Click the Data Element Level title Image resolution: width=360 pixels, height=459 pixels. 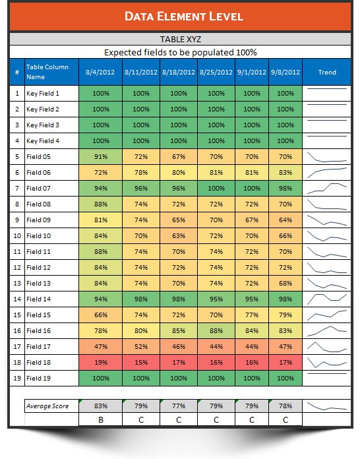180,16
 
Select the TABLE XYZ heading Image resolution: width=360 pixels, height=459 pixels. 180,40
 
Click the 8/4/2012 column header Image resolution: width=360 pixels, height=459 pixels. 101,72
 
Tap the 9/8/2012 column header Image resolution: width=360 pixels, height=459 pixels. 285,72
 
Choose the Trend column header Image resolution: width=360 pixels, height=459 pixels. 327,72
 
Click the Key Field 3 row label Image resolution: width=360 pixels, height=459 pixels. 43,125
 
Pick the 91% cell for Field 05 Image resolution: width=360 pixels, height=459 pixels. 101,157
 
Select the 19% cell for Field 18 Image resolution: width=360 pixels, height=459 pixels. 101,363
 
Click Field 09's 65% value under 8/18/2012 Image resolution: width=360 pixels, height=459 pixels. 179,220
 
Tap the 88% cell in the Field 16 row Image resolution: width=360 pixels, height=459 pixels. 217,331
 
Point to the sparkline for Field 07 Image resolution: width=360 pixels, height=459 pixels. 327,189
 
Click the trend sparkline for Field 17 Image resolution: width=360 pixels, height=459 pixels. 327,347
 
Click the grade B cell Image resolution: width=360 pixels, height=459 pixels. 101,419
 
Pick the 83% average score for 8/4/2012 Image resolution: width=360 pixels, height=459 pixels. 101,406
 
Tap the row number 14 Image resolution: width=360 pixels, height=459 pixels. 16,299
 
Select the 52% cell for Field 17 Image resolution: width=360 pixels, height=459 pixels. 141,347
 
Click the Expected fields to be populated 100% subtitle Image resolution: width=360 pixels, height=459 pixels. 180,52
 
